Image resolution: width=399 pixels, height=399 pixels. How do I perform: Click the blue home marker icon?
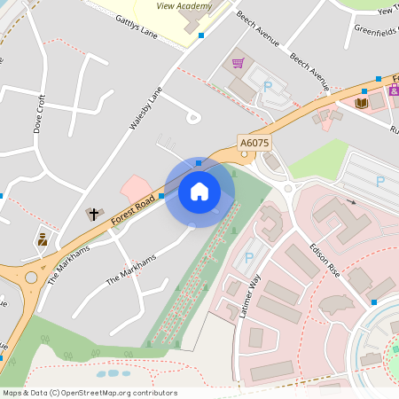[x=199, y=191]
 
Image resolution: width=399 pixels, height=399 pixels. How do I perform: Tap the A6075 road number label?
[x=254, y=142]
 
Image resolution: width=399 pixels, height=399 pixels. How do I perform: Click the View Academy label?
[x=184, y=6]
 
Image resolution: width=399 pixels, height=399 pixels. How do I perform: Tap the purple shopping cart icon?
[x=238, y=63]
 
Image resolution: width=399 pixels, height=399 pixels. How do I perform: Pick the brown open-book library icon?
[x=361, y=104]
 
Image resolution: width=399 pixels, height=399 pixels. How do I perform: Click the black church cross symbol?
[x=93, y=214]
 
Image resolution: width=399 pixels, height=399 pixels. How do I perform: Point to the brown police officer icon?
[x=42, y=239]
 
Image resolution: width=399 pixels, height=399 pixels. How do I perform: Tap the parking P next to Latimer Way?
[x=249, y=258]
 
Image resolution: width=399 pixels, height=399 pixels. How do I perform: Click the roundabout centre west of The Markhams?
[x=31, y=278]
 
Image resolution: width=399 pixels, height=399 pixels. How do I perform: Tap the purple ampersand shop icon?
[x=394, y=90]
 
